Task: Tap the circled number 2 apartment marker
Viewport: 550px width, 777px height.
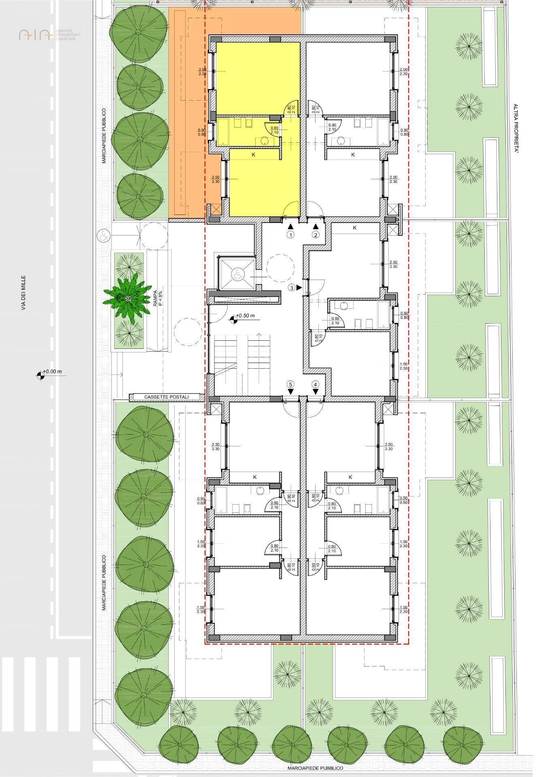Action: click(316, 234)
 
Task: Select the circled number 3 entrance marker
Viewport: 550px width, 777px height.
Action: click(291, 288)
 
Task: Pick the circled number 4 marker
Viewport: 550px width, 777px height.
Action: click(316, 384)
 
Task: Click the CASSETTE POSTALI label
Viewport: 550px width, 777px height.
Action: click(166, 397)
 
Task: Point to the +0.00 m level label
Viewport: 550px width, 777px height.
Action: click(53, 372)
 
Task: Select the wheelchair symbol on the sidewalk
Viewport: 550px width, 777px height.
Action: click(103, 234)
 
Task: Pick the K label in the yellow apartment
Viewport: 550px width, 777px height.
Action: click(254, 155)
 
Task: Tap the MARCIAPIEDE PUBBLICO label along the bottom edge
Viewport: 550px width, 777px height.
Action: click(316, 768)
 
